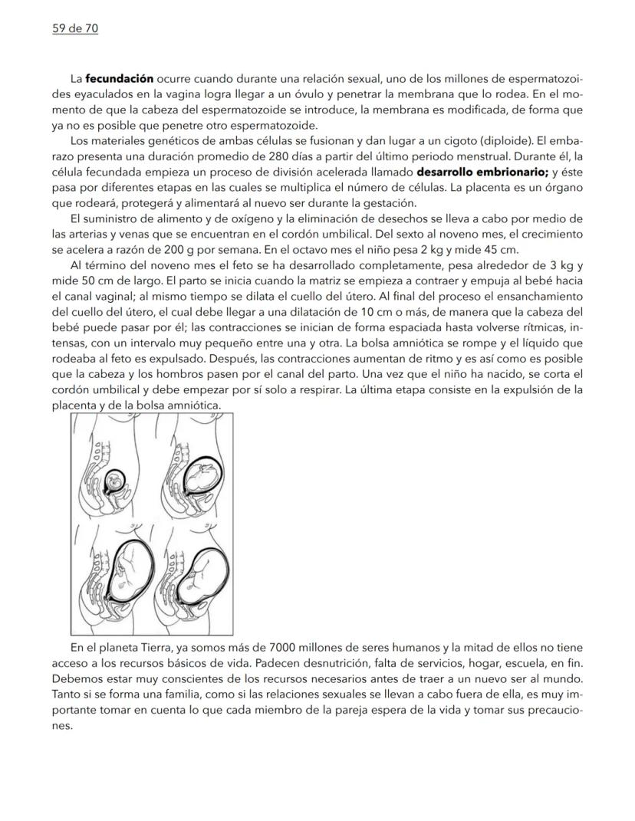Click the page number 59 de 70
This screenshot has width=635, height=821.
tap(70, 29)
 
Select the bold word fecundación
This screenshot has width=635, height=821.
tap(119, 79)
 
